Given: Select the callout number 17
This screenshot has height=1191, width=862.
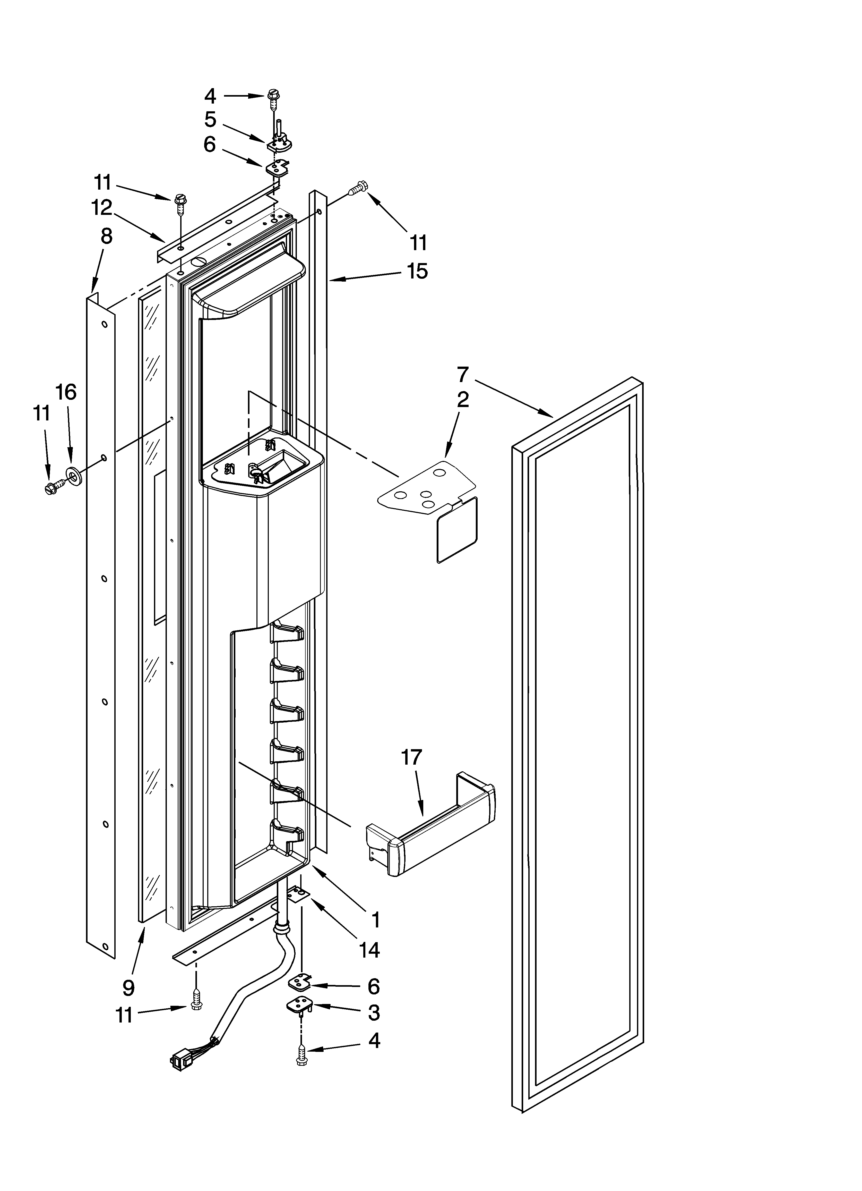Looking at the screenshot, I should (411, 758).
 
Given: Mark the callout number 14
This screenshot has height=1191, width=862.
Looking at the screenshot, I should (369, 949).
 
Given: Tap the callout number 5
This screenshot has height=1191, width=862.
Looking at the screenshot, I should (210, 120).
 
